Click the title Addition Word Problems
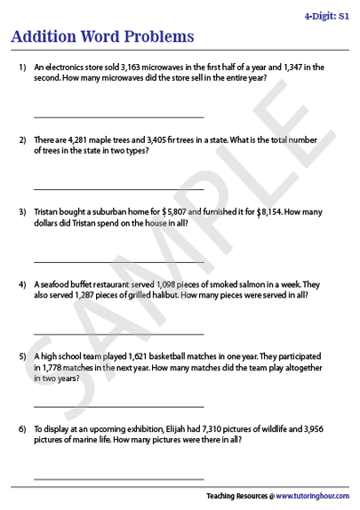coord(101,36)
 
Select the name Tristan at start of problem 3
coord(47,212)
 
